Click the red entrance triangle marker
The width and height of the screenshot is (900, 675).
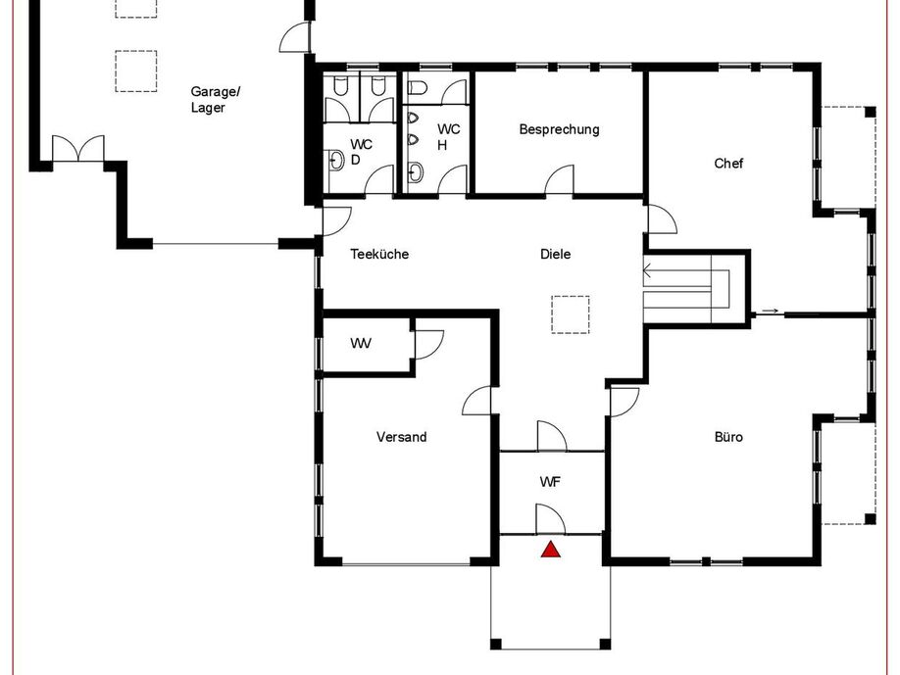(551, 550)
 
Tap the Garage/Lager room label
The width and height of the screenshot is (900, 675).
(216, 99)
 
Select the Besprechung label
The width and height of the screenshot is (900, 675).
(559, 129)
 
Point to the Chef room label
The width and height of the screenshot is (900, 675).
(728, 164)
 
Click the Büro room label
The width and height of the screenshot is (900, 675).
(728, 437)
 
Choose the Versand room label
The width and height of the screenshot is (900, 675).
(401, 437)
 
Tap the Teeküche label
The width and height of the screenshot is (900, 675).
(379, 254)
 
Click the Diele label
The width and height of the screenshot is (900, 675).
(556, 254)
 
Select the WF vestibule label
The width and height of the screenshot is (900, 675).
(550, 482)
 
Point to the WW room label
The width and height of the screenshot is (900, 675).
(361, 344)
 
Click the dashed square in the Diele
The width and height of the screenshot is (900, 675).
(571, 314)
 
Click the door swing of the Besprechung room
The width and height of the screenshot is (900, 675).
(559, 180)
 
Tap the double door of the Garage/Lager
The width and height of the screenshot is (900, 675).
(78, 149)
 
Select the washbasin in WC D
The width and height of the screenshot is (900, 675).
(335, 161)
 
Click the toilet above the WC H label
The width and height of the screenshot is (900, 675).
(418, 88)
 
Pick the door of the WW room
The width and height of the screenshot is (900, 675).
(428, 345)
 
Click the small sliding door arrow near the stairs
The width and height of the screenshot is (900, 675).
(770, 312)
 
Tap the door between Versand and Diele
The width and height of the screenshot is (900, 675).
(476, 401)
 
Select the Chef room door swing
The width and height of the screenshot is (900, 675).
(663, 219)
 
